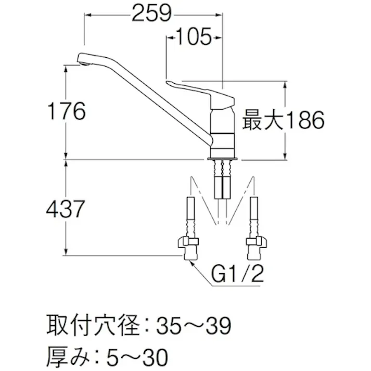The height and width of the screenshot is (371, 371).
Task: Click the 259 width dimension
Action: (151, 14)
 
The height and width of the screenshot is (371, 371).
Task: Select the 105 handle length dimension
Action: (194, 37)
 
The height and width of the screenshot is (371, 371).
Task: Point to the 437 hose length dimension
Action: (65, 209)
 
